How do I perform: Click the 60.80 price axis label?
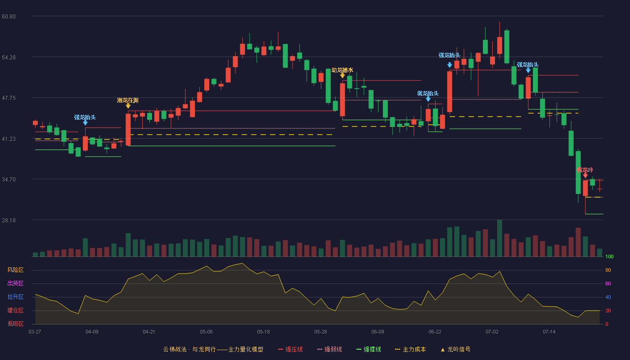[9, 16]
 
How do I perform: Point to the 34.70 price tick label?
[9, 180]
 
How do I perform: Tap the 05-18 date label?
[263, 332]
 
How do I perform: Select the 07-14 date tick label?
[549, 332]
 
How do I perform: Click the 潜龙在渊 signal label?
[128, 100]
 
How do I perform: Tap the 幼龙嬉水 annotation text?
[342, 70]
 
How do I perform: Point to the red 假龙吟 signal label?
[585, 170]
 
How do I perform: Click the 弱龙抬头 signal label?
[428, 94]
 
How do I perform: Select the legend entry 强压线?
[290, 349]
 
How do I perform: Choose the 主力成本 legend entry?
[410, 349]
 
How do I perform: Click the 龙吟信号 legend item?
[455, 349]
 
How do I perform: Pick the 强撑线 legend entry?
[369, 349]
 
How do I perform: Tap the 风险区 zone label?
[15, 270]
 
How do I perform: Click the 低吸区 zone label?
[15, 324]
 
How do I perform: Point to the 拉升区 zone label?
[15, 297]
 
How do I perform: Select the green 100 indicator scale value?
[609, 256]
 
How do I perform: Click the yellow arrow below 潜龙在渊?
[128, 106]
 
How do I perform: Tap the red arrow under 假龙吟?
[585, 175]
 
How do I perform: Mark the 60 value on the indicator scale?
[608, 283]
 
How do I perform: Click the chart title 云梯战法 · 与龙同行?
[189, 349]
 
